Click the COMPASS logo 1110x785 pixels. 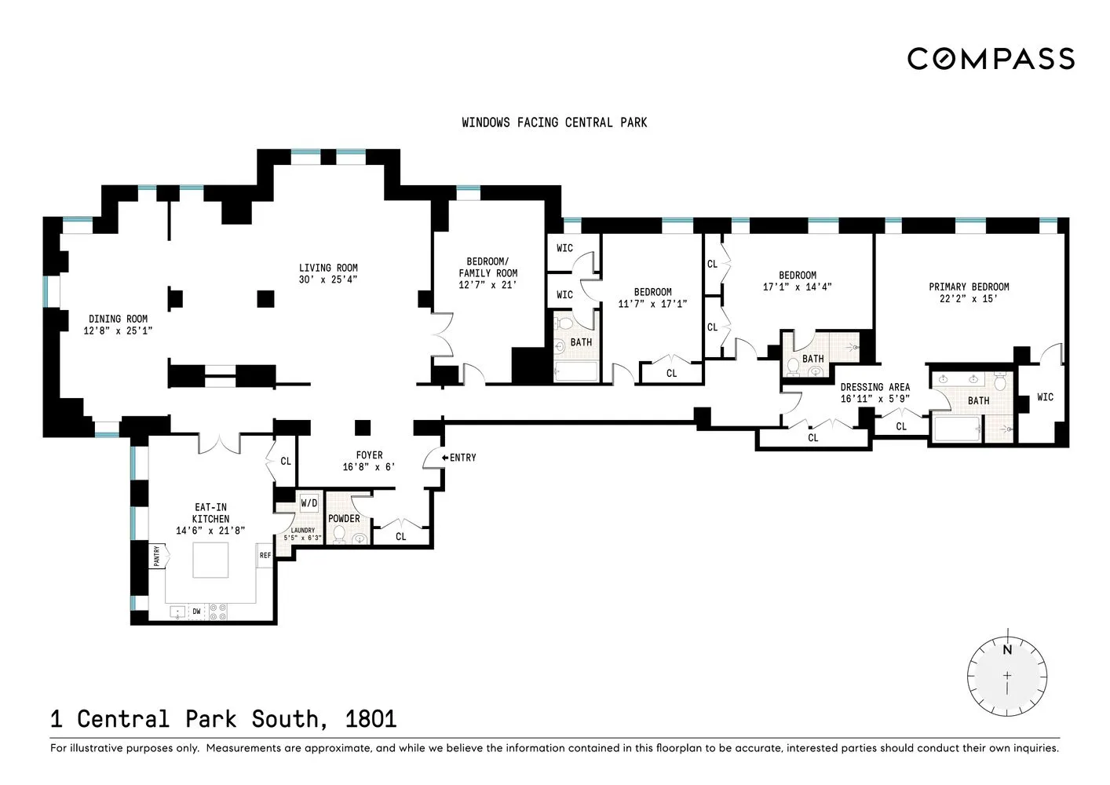click(x=991, y=59)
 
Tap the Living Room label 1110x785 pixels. click(x=328, y=268)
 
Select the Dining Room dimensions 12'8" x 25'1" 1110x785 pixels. click(x=118, y=331)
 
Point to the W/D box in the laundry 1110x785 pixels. click(x=309, y=503)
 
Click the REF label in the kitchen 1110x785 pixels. click(x=265, y=556)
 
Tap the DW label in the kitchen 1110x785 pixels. click(x=196, y=612)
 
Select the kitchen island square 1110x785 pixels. click(x=211, y=560)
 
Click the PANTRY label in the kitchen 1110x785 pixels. click(x=157, y=557)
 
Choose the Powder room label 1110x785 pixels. click(x=344, y=519)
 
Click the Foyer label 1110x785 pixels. click(x=369, y=455)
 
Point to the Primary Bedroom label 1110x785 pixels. click(x=969, y=287)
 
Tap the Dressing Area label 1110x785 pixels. click(x=874, y=387)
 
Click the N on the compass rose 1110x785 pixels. click(x=1007, y=650)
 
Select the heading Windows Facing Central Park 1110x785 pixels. click(x=554, y=122)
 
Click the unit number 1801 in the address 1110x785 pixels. click(x=371, y=719)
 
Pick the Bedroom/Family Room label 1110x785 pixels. click(x=487, y=268)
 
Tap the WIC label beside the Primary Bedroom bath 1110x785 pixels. click(x=1045, y=397)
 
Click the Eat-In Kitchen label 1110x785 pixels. click(x=210, y=513)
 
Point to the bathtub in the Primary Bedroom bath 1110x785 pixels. click(x=956, y=429)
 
